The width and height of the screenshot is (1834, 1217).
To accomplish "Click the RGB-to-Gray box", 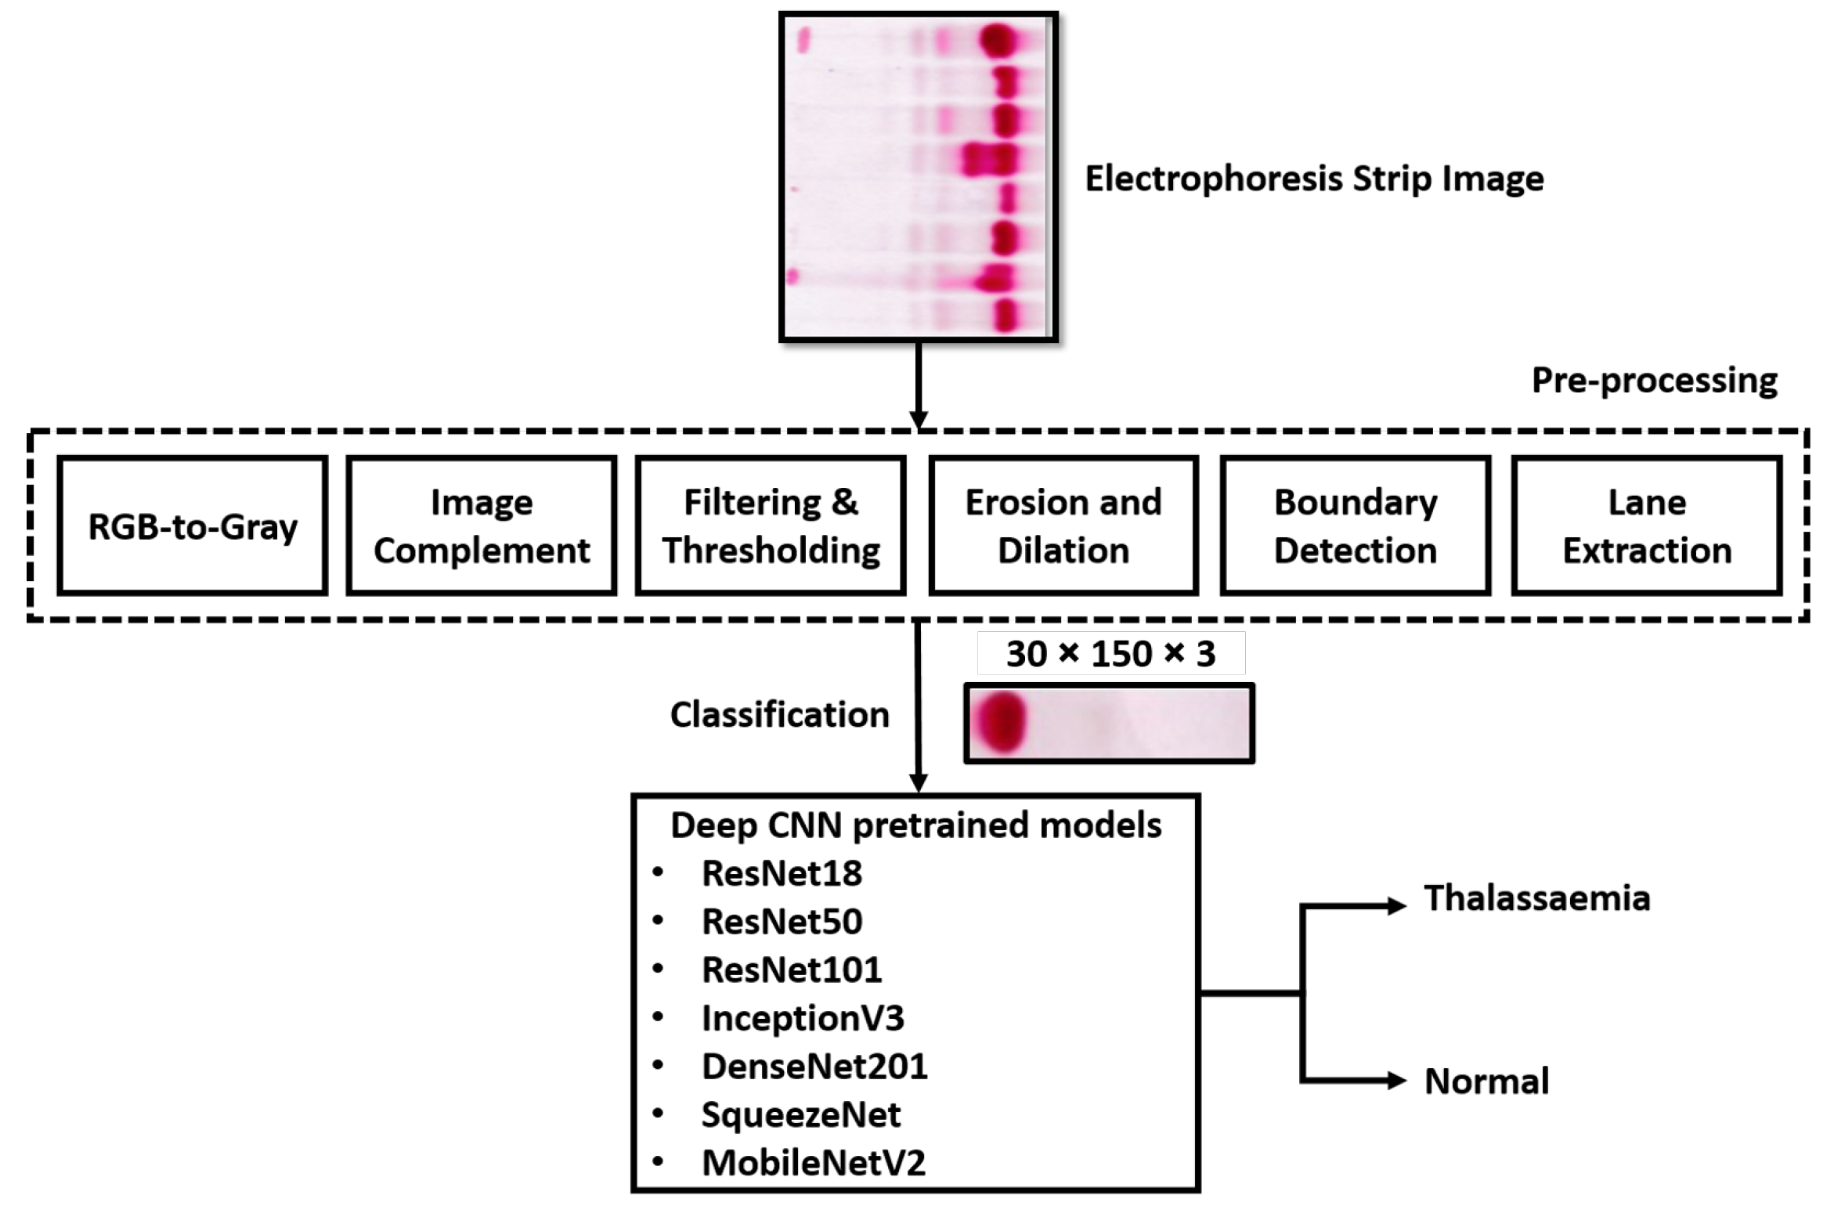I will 193,526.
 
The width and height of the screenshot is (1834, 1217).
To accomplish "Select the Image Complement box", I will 482,526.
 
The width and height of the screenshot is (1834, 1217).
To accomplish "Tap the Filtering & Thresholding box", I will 771,526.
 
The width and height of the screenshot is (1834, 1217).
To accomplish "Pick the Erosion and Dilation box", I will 1063,526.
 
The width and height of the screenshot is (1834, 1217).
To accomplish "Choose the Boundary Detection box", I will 1356,526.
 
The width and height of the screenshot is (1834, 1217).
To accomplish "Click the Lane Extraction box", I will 1647,526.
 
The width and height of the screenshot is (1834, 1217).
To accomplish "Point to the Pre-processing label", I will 1654,381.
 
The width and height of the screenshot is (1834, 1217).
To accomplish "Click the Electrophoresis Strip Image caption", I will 1314,179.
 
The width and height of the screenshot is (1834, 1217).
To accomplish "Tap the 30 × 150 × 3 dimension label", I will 1110,654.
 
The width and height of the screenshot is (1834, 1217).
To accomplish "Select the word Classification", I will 779,715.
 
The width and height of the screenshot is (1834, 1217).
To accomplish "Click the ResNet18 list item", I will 782,873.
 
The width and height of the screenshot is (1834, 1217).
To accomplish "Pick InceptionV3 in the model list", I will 803,1018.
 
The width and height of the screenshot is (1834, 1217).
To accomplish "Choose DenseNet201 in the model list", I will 814,1067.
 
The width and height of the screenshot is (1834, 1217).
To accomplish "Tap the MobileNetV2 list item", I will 813,1163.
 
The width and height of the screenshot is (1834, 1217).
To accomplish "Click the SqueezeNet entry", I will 800,1114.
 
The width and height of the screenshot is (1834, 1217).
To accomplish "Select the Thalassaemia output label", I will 1536,898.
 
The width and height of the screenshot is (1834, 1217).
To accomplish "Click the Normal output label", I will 1486,1082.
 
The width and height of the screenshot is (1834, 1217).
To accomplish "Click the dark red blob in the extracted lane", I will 999,722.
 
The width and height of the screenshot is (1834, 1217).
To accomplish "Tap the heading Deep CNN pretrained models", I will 915,825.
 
